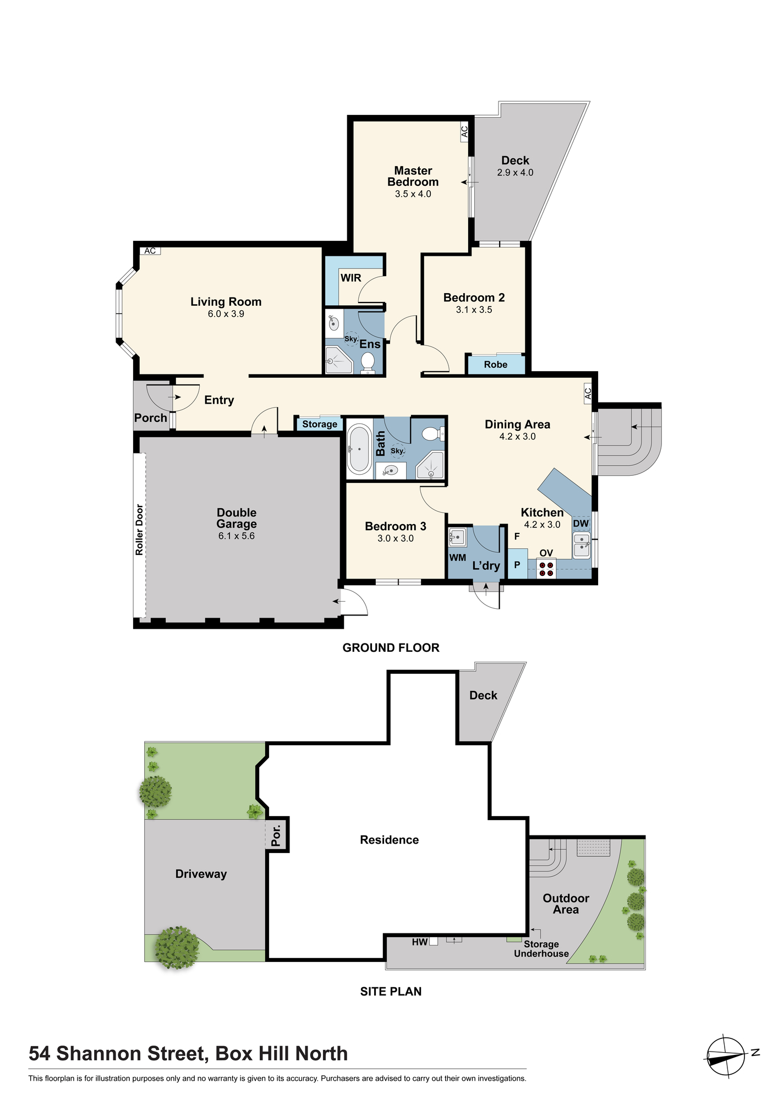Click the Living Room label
pos(226,301)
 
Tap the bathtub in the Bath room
pos(359,449)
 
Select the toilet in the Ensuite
pos(368,362)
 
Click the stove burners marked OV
pos(546,569)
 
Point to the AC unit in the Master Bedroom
pos(464,132)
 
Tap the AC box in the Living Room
pos(150,251)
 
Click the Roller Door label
pos(139,530)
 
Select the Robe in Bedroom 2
pos(496,365)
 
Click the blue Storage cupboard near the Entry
pos(320,424)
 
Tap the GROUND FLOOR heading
pos(391,648)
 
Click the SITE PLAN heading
pos(391,992)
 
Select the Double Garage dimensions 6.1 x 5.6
pos(237,536)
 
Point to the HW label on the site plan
pos(420,942)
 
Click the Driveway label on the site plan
pos(201,874)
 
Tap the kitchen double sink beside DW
pos(582,545)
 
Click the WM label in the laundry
pos(458,558)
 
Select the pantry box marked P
pos(517,564)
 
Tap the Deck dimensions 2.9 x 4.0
pos(515,173)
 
